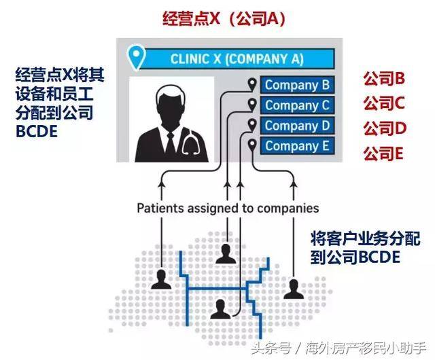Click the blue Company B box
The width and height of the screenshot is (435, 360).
coord(297,86)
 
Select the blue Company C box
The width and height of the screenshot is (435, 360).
coord(297,105)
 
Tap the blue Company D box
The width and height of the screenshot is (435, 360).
coord(297,126)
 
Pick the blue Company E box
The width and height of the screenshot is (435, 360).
coord(297,145)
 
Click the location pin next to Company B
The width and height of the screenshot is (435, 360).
coord(253,86)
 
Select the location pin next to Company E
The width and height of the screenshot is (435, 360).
coord(253,145)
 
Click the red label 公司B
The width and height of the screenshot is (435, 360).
coord(383,79)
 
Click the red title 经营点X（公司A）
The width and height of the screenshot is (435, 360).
coord(223,18)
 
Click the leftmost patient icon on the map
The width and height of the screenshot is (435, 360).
coord(162,278)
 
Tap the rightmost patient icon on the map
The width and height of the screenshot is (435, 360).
coord(293,288)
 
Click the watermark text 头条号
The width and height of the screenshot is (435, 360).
coord(268,348)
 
